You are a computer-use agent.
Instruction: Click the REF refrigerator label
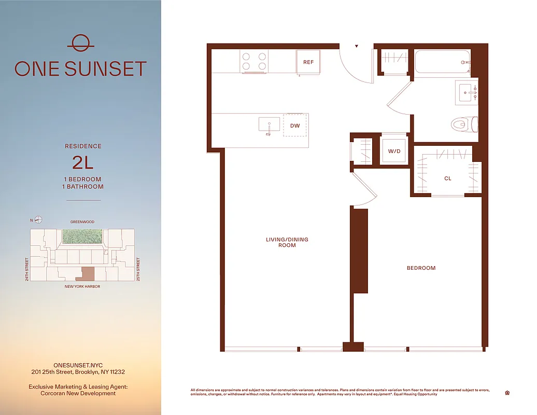point(308,62)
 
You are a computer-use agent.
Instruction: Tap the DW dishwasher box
point(294,126)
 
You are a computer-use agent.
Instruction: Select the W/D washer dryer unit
point(394,151)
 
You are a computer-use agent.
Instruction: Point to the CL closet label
point(447,178)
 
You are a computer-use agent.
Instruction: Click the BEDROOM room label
point(421,268)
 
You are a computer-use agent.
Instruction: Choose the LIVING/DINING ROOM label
point(287,242)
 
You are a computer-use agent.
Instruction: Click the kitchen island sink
point(269,125)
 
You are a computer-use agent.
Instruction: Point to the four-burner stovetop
point(254,62)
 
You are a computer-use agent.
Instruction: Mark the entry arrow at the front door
point(357,47)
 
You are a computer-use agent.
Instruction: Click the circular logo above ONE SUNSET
point(80,43)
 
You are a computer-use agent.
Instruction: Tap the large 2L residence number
point(83,162)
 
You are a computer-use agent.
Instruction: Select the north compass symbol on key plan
point(39,220)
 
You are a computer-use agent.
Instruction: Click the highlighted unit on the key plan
point(88,273)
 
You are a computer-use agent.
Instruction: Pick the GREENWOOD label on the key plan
point(83,222)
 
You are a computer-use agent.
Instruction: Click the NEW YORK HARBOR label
point(82,286)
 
